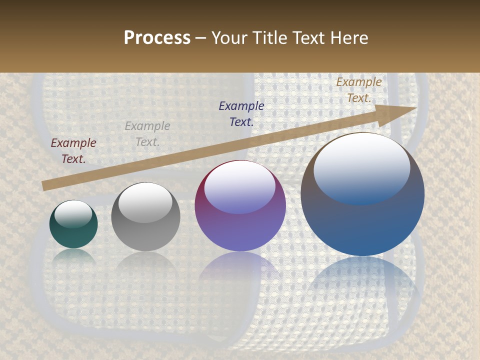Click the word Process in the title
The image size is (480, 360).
coord(157,38)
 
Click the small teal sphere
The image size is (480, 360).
coord(73,224)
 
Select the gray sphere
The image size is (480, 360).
coord(145,217)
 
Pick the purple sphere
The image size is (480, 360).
coord(240,205)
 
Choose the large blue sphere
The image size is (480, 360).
coord(362,194)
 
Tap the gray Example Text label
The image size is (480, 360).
coord(147,134)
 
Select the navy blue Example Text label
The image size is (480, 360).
coord(241,113)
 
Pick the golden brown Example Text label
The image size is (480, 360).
coord(359,90)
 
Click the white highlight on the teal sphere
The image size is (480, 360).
coord(73,214)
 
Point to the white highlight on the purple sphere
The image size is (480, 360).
coord(239,187)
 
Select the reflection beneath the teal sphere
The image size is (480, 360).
coord(73,257)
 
